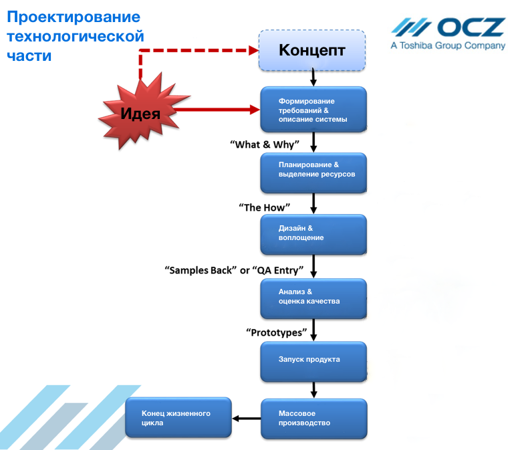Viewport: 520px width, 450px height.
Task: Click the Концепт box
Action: coord(312,50)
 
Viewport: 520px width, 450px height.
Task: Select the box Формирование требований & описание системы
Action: coord(313,110)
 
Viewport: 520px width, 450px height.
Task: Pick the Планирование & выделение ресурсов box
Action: coord(313,173)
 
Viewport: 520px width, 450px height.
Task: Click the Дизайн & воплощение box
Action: coord(313,234)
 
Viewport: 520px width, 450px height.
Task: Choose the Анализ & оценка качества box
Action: coord(313,298)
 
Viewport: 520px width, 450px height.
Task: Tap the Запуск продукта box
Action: coord(313,360)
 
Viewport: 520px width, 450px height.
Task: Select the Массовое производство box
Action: coord(313,419)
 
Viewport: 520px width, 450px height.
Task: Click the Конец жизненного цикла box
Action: coord(178,418)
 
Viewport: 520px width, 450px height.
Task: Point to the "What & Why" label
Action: coord(265,144)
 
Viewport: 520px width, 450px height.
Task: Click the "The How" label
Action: coord(262,207)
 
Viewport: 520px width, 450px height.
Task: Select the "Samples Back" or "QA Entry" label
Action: coord(235,270)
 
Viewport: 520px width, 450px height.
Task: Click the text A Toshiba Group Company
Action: coord(448,46)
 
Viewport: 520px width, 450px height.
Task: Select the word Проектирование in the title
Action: coord(74,17)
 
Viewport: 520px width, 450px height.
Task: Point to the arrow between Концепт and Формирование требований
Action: coord(313,78)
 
